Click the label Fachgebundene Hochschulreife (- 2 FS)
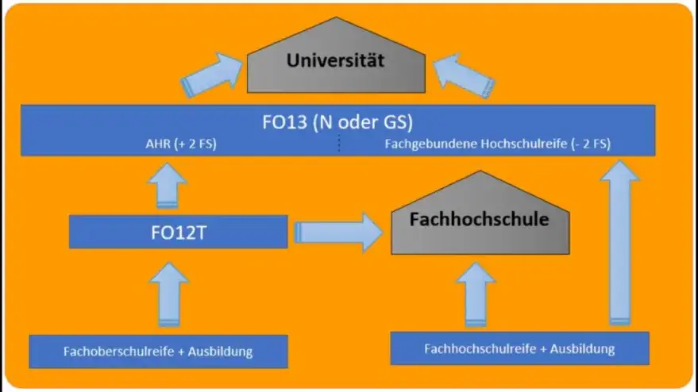tap(497, 144)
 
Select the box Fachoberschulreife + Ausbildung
tap(159, 350)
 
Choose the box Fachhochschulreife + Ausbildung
tap(520, 348)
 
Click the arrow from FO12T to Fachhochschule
tap(338, 233)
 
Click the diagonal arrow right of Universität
tap(467, 72)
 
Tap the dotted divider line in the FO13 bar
tap(339, 144)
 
